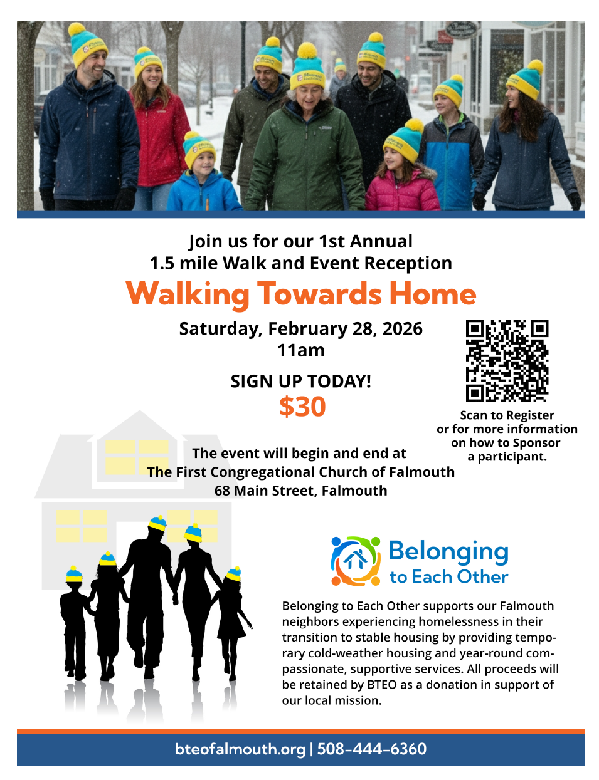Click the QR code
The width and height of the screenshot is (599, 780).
click(x=507, y=360)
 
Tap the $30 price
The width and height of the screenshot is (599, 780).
click(x=302, y=406)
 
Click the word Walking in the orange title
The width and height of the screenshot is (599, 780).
click(x=187, y=294)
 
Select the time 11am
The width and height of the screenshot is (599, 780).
click(x=301, y=350)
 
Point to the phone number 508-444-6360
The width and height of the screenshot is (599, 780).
click(x=371, y=749)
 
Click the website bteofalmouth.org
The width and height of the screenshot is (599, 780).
click(x=240, y=749)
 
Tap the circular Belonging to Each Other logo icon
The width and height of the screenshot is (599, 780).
click(x=356, y=561)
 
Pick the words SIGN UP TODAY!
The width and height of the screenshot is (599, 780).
click(x=301, y=381)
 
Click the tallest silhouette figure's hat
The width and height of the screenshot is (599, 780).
click(x=157, y=523)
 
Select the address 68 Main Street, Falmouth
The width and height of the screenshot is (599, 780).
click(x=301, y=491)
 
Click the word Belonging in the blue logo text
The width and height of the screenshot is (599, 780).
click(x=448, y=552)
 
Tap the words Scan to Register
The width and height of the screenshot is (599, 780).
click(x=507, y=415)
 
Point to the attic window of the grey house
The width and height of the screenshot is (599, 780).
click(x=137, y=457)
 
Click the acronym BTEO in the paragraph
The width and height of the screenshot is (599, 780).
click(x=381, y=685)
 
